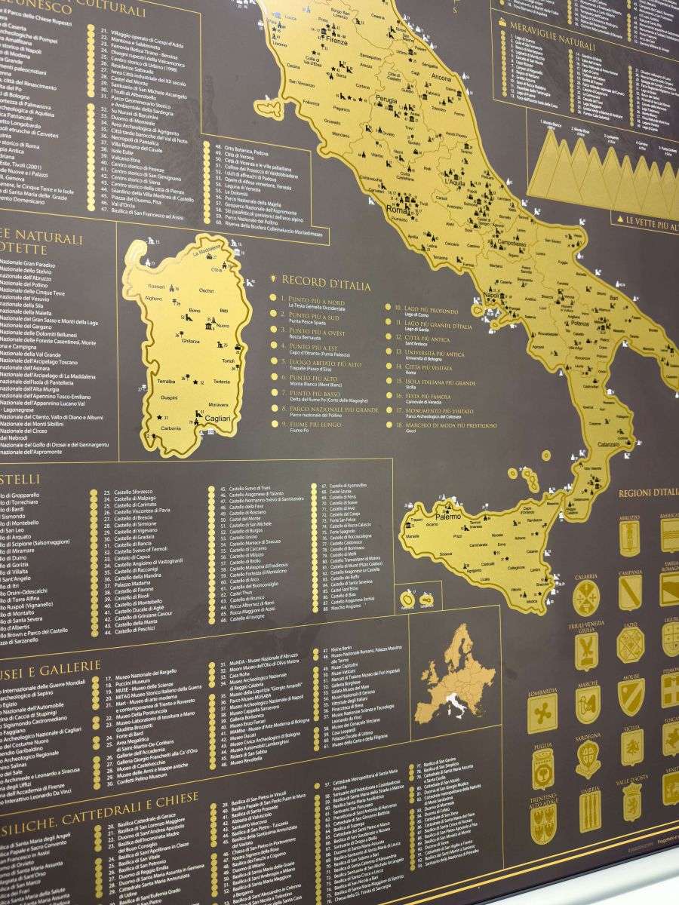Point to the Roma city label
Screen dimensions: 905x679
click(395, 210)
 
